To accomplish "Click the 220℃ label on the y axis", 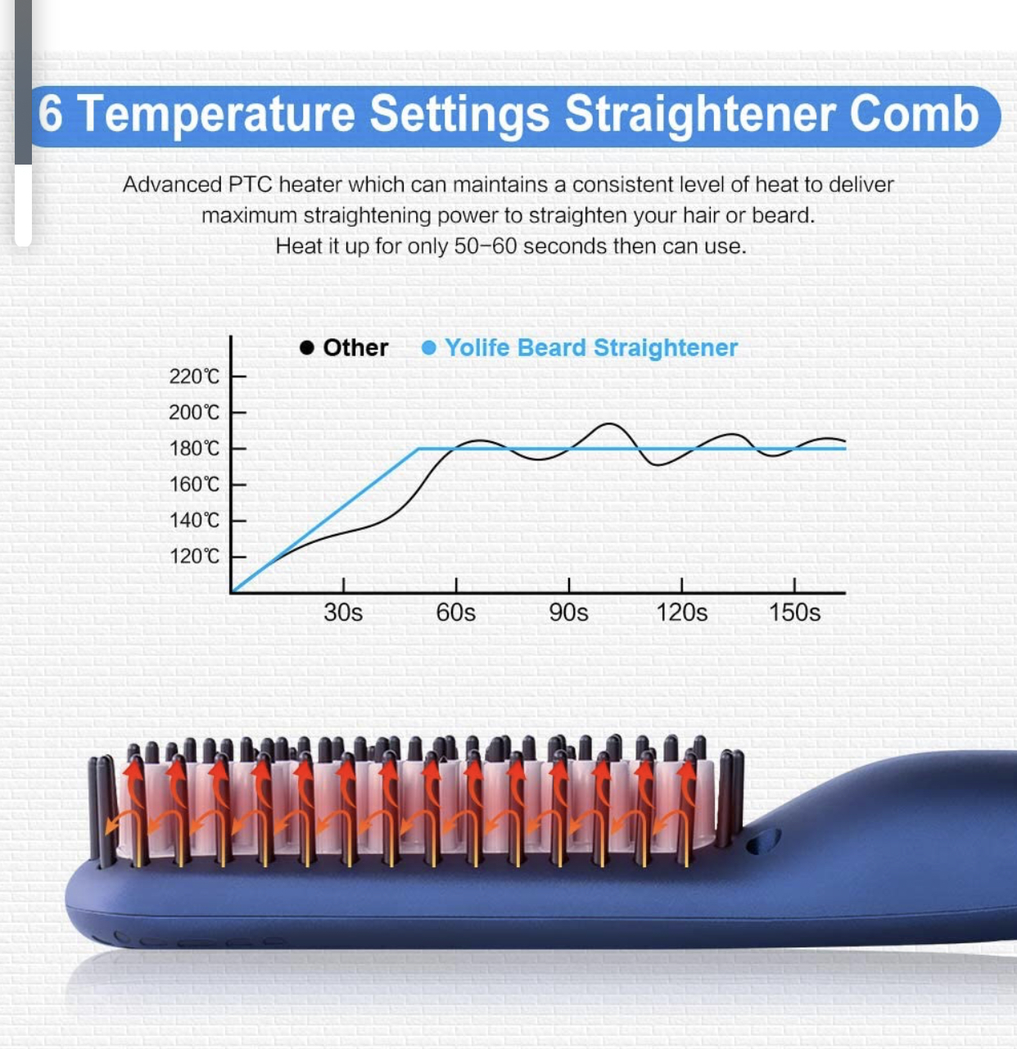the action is click(x=195, y=376).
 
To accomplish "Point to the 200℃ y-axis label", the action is click(x=195, y=413).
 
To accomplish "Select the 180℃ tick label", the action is click(x=195, y=449).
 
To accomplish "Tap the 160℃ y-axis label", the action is click(x=195, y=485).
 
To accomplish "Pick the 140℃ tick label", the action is click(x=195, y=521).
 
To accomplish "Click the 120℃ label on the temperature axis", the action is click(x=195, y=556).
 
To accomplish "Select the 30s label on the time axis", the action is click(x=343, y=613).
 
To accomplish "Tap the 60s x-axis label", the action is click(x=456, y=613).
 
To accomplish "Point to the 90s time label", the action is click(x=568, y=613).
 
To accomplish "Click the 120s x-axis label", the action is click(x=682, y=613).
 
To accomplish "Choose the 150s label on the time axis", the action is click(x=794, y=613).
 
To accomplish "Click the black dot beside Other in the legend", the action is click(x=307, y=348).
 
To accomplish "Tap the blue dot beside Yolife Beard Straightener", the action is click(x=428, y=348).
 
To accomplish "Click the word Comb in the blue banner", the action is click(x=914, y=114).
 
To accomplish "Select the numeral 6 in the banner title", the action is click(x=50, y=114).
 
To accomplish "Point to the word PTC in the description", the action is click(x=251, y=185).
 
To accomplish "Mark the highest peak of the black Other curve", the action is click(x=609, y=424).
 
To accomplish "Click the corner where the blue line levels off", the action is click(x=418, y=449).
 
